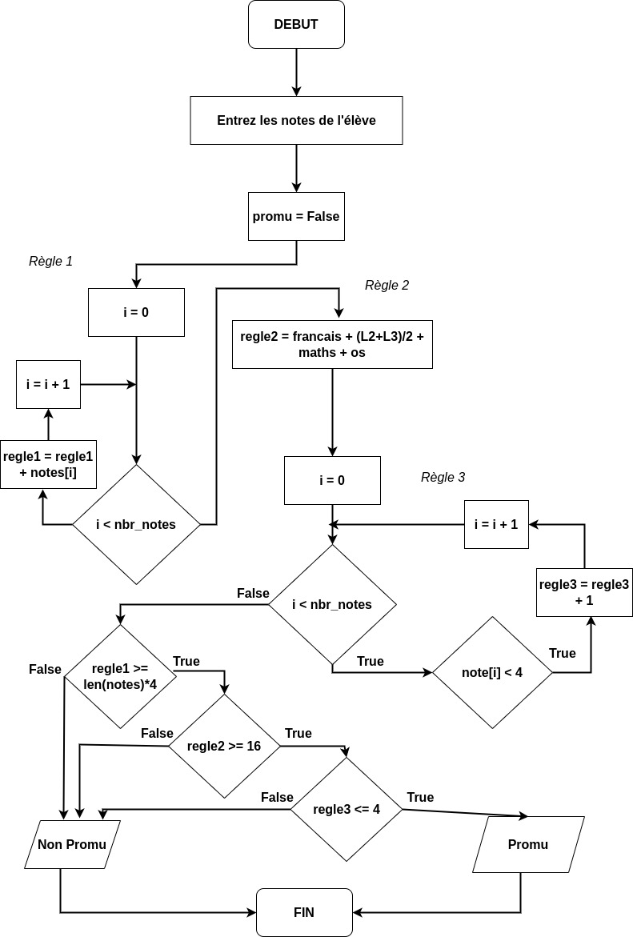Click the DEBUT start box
(x=296, y=25)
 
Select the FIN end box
(x=304, y=912)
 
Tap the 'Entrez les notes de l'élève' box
(x=296, y=121)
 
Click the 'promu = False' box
(x=296, y=216)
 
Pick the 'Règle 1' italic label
(x=50, y=261)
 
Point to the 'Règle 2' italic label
(x=387, y=286)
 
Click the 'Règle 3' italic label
(x=443, y=478)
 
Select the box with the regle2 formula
(x=332, y=344)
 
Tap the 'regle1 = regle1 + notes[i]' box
(x=48, y=464)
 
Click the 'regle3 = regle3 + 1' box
(x=584, y=592)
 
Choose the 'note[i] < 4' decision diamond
(x=492, y=672)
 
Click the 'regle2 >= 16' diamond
(x=224, y=746)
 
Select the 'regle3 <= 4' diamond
(x=347, y=809)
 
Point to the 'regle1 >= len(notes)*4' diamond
(x=120, y=676)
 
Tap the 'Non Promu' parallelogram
(x=72, y=844)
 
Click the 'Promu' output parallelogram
(x=528, y=844)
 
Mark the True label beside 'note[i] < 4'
(x=562, y=654)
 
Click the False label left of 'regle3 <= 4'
(x=277, y=798)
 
